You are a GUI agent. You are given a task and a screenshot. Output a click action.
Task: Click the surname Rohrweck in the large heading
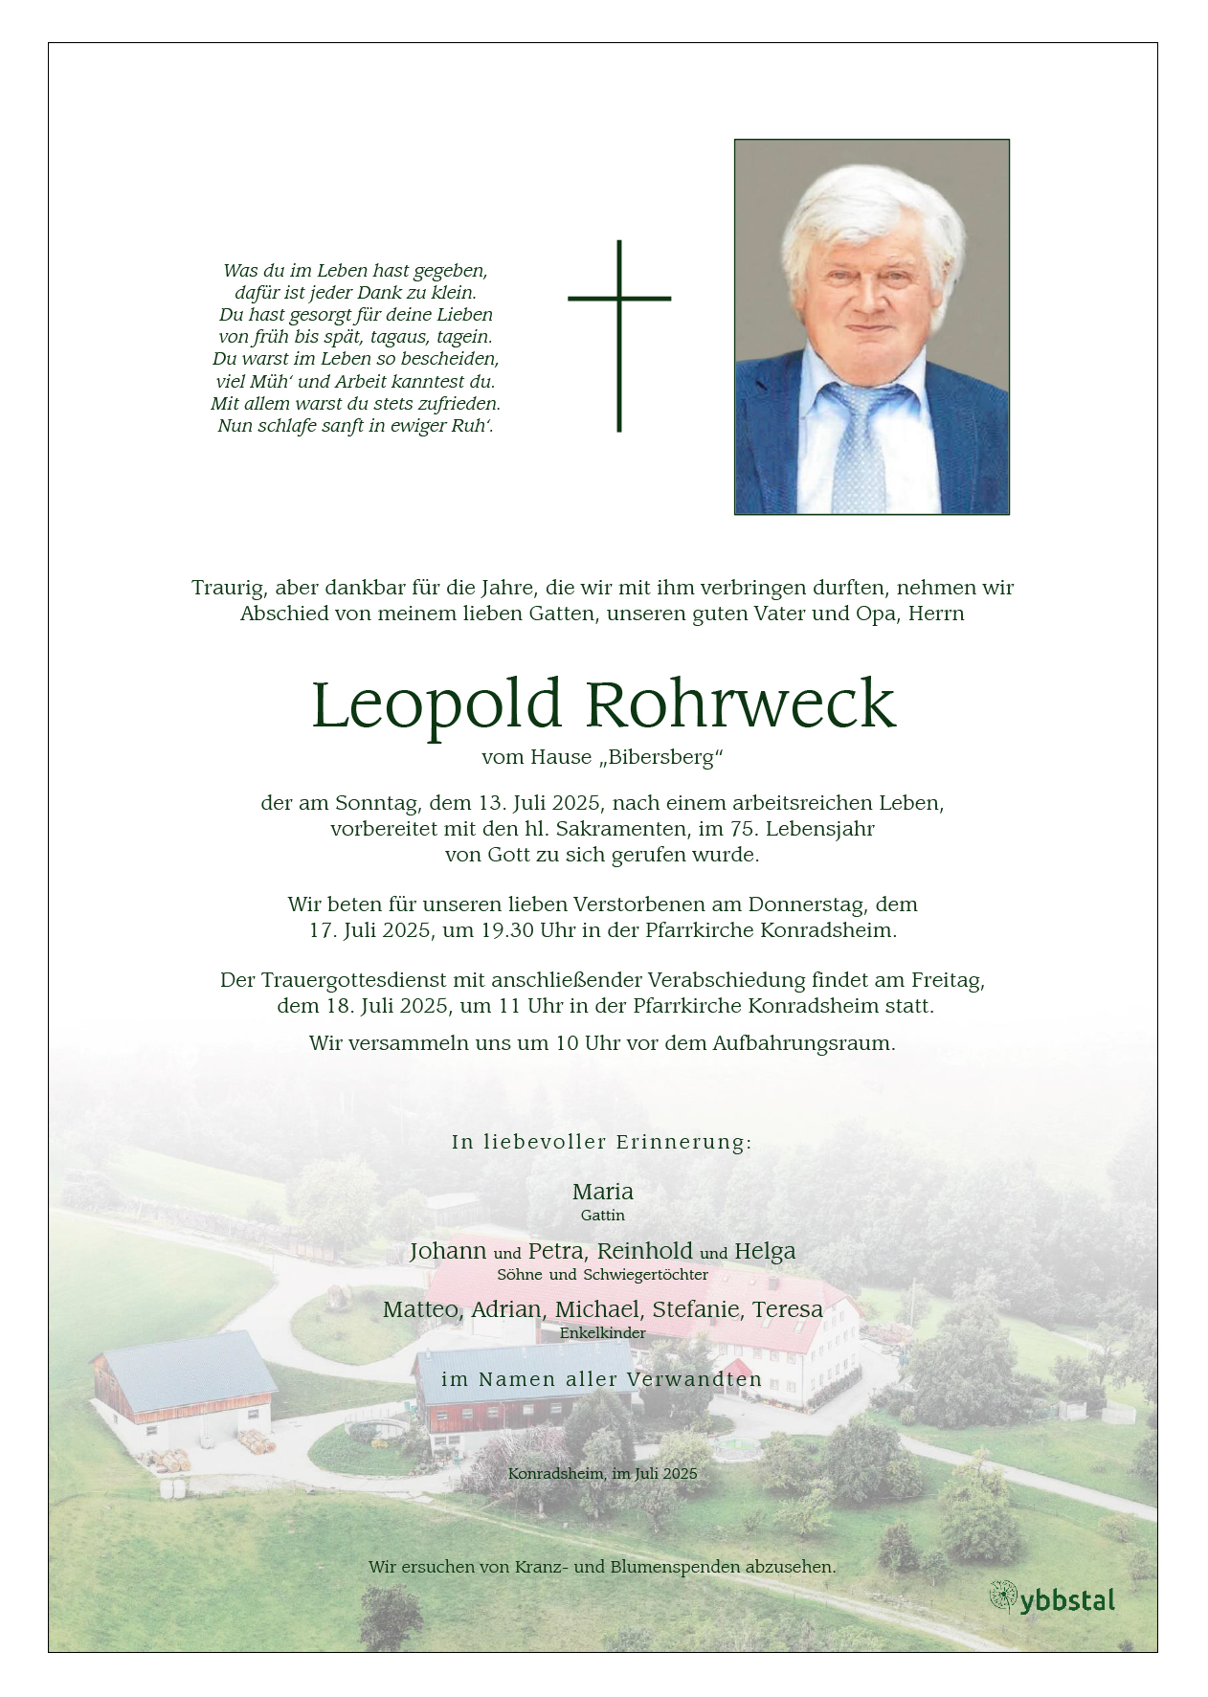(x=740, y=704)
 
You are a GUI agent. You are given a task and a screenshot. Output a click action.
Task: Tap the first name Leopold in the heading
(x=436, y=704)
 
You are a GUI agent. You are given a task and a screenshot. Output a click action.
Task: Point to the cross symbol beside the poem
(x=619, y=335)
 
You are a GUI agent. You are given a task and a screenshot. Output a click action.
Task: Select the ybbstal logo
(x=1052, y=1599)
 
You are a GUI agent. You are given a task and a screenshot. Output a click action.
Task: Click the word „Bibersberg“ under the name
(x=661, y=757)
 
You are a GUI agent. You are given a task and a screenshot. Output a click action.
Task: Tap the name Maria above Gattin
(x=603, y=1192)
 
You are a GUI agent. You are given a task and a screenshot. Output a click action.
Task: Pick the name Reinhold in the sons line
(x=645, y=1251)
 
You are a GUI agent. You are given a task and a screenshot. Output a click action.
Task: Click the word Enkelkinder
(x=603, y=1332)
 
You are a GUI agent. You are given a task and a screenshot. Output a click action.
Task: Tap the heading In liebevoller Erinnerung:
(x=602, y=1142)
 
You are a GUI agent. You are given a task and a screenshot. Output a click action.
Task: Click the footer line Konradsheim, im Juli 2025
(x=603, y=1474)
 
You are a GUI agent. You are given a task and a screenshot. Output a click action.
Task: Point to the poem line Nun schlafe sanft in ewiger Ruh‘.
(x=355, y=426)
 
